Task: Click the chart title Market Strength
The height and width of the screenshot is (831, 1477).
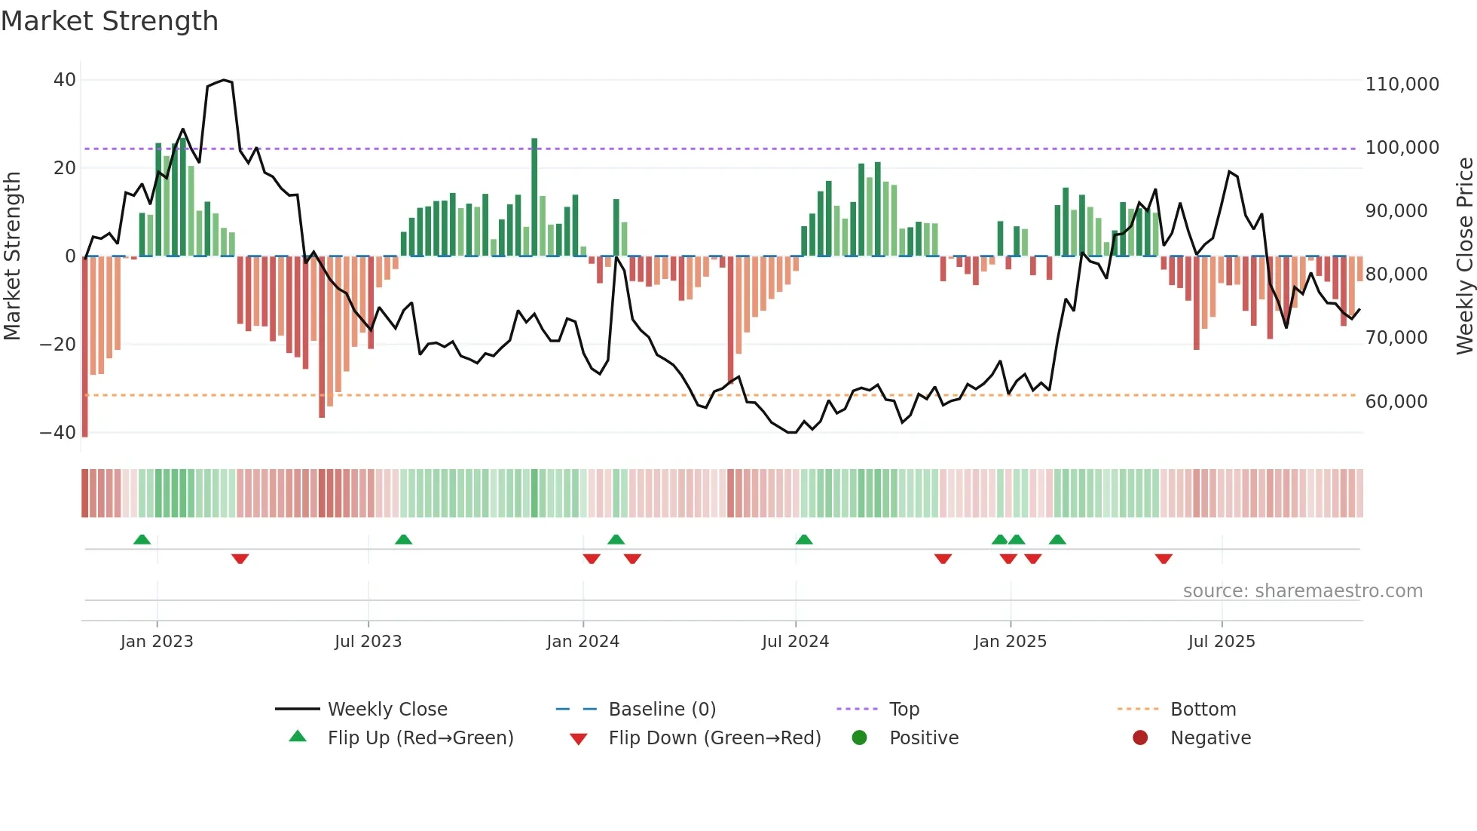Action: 110,21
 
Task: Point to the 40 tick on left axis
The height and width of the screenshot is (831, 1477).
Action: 65,80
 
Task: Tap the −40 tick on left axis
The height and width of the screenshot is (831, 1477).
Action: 58,433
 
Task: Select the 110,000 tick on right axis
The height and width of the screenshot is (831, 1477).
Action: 1402,84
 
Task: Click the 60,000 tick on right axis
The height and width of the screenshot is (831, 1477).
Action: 1396,402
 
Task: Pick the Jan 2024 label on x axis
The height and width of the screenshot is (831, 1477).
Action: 583,642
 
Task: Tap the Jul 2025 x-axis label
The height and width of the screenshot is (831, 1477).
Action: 1222,642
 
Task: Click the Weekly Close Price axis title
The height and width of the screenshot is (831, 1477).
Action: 1464,256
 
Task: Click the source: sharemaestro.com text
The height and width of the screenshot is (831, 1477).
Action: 1302,591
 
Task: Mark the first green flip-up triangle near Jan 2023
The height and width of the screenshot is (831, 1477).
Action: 142,539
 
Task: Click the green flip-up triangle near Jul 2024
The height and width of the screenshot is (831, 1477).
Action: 804,539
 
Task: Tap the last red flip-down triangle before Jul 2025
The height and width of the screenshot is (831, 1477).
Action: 1164,559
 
